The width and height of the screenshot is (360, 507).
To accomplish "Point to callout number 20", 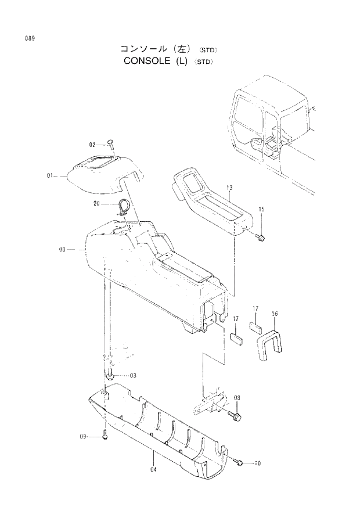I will tap(97, 204).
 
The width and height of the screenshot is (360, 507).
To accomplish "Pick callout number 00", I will tap(62, 250).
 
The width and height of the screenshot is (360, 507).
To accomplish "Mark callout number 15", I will tap(261, 209).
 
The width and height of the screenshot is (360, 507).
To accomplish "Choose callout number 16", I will tap(275, 314).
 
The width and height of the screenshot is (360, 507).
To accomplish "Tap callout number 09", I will tap(83, 436).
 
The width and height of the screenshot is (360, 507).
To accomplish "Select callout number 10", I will tap(258, 463).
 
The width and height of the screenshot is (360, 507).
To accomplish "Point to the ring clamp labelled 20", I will tap(124, 206).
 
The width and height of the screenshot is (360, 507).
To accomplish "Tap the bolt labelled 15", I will tap(260, 236).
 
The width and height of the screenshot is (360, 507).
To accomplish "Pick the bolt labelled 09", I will tap(105, 435).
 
